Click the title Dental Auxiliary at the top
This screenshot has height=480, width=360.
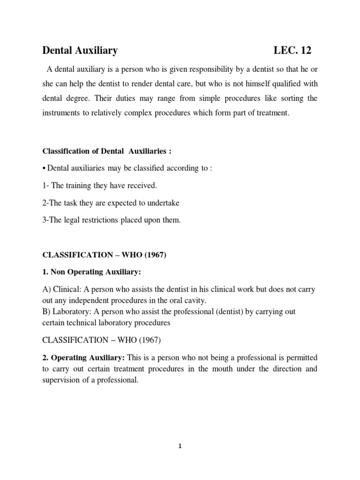coord(80,50)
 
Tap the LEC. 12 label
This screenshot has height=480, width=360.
coord(292,50)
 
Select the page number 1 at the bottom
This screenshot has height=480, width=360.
coord(180,446)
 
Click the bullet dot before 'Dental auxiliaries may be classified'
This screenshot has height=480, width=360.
coord(45,169)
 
